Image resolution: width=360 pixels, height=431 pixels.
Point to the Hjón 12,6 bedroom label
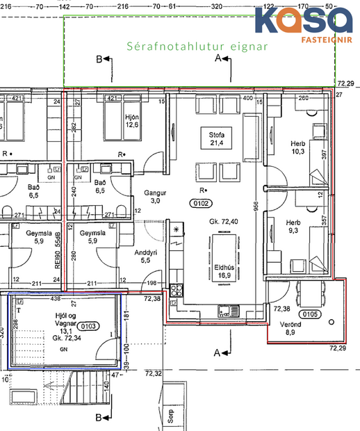coord(131,120)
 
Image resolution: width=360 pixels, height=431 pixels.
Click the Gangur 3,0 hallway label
coord(152,196)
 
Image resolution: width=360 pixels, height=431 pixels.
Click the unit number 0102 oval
coord(201,202)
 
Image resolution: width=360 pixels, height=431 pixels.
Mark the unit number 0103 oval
coord(89,325)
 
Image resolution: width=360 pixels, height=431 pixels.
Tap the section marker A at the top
coord(218,59)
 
